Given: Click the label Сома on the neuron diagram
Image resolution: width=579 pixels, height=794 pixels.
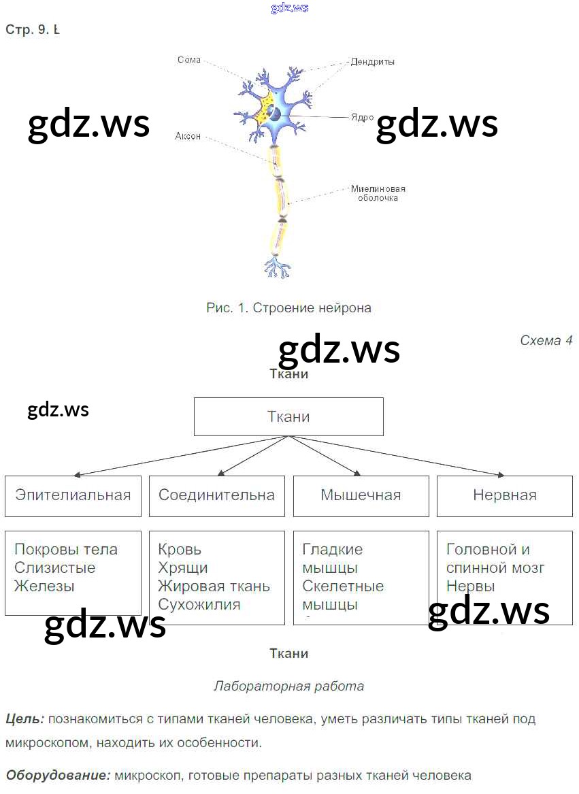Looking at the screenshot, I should click(188, 60).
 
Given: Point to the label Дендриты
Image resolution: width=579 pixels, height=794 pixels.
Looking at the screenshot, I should click(372, 62).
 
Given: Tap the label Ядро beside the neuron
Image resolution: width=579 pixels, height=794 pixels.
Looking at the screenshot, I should click(362, 117).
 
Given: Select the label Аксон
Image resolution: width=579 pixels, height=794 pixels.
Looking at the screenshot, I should click(188, 136).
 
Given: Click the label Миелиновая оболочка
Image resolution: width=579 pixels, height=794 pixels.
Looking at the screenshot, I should click(378, 193).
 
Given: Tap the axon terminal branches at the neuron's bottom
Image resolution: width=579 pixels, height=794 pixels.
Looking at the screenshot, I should click(277, 267).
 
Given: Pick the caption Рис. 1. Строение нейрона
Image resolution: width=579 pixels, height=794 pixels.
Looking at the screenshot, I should click(288, 308).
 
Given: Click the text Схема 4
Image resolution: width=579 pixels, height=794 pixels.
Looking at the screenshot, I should click(546, 340).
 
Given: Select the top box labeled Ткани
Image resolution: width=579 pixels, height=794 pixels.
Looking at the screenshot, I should click(288, 417).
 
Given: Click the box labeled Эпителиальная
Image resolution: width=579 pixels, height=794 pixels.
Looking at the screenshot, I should click(73, 495).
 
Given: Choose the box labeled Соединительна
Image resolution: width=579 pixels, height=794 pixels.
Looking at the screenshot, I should click(216, 495).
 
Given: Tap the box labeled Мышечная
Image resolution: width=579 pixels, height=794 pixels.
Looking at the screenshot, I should click(361, 495).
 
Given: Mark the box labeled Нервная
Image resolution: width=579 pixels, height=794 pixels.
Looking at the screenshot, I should click(504, 495).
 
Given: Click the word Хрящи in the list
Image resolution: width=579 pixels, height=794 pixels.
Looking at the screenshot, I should click(182, 567).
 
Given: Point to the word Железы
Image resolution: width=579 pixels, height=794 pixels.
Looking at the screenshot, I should click(44, 586).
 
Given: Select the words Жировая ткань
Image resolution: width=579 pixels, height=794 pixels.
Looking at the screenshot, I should click(214, 586).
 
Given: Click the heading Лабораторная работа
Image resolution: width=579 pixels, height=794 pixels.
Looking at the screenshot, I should click(288, 686).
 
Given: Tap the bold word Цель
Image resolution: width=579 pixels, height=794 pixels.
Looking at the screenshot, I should click(25, 718).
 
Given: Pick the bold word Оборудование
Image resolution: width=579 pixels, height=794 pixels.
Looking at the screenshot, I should click(58, 775).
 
